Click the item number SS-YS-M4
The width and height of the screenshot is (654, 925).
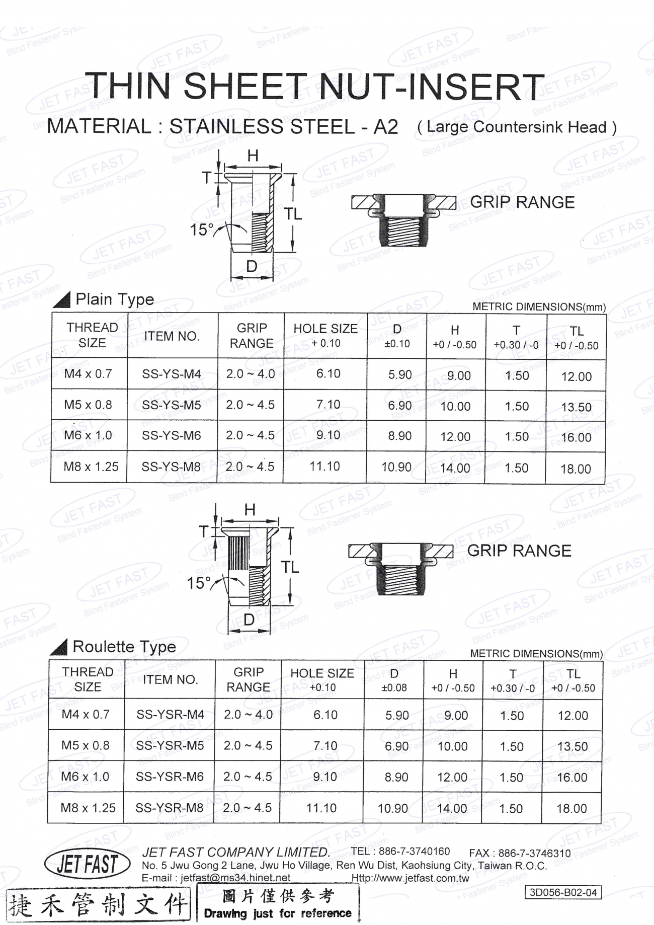tap(171, 374)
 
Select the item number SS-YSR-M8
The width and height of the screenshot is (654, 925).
tap(170, 808)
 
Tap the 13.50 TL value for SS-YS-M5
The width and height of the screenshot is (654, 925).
tap(577, 407)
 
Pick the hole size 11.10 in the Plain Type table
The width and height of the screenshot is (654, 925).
tap(324, 467)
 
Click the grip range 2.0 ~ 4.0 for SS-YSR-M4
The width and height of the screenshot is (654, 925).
tap(249, 715)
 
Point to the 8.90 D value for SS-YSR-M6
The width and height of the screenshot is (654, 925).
tap(396, 777)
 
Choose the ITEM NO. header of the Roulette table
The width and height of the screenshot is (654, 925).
tap(169, 679)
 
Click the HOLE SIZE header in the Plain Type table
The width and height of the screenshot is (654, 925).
tap(325, 329)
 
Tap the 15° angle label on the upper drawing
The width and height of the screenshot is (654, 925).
tap(201, 230)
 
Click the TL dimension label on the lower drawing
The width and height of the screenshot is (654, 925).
tap(290, 568)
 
